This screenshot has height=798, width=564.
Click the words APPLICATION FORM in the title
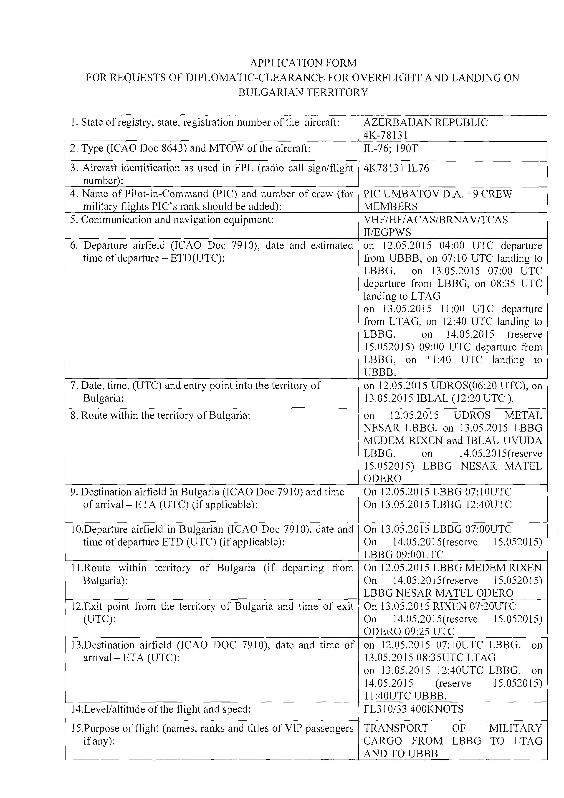click(303, 63)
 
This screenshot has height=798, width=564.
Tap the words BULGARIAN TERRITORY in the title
click(303, 92)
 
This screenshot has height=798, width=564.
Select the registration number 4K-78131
click(385, 135)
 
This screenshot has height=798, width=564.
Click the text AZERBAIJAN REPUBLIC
click(425, 122)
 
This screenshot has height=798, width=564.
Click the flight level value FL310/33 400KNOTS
click(413, 709)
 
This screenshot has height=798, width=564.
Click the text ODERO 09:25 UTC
click(409, 631)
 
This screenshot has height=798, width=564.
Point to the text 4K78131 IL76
click(396, 168)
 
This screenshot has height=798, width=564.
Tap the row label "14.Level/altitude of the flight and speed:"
click(161, 709)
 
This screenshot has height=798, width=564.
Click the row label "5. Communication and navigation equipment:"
click(172, 220)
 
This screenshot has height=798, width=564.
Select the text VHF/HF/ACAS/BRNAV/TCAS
click(435, 220)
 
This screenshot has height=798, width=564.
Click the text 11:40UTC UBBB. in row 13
click(405, 696)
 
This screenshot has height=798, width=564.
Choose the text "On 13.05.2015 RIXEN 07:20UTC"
click(440, 606)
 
